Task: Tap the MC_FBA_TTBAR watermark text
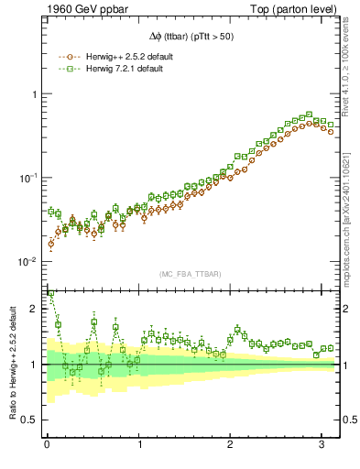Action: (191, 275)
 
